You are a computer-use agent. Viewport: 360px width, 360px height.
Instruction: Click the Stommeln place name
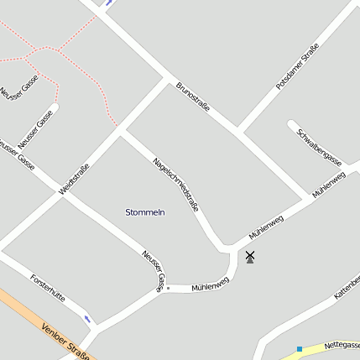[144, 212]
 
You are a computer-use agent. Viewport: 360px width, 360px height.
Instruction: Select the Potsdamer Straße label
[298, 66]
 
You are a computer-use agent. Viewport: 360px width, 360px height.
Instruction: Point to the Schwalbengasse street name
[319, 147]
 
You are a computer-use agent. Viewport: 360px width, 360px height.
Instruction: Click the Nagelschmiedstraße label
[175, 183]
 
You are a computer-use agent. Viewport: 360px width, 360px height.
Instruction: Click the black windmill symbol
[249, 257]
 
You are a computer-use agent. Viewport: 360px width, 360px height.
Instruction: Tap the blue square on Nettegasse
[300, 348]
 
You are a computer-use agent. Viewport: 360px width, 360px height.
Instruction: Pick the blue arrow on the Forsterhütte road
[89, 319]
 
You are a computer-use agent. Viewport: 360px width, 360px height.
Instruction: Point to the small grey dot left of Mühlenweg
[168, 289]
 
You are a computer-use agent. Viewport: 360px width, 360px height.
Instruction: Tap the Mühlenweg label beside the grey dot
[210, 286]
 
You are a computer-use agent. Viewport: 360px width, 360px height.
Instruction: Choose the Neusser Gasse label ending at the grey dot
[153, 270]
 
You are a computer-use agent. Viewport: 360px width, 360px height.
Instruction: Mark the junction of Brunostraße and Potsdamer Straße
[238, 132]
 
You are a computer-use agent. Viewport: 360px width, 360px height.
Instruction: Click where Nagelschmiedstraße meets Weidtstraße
[121, 131]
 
